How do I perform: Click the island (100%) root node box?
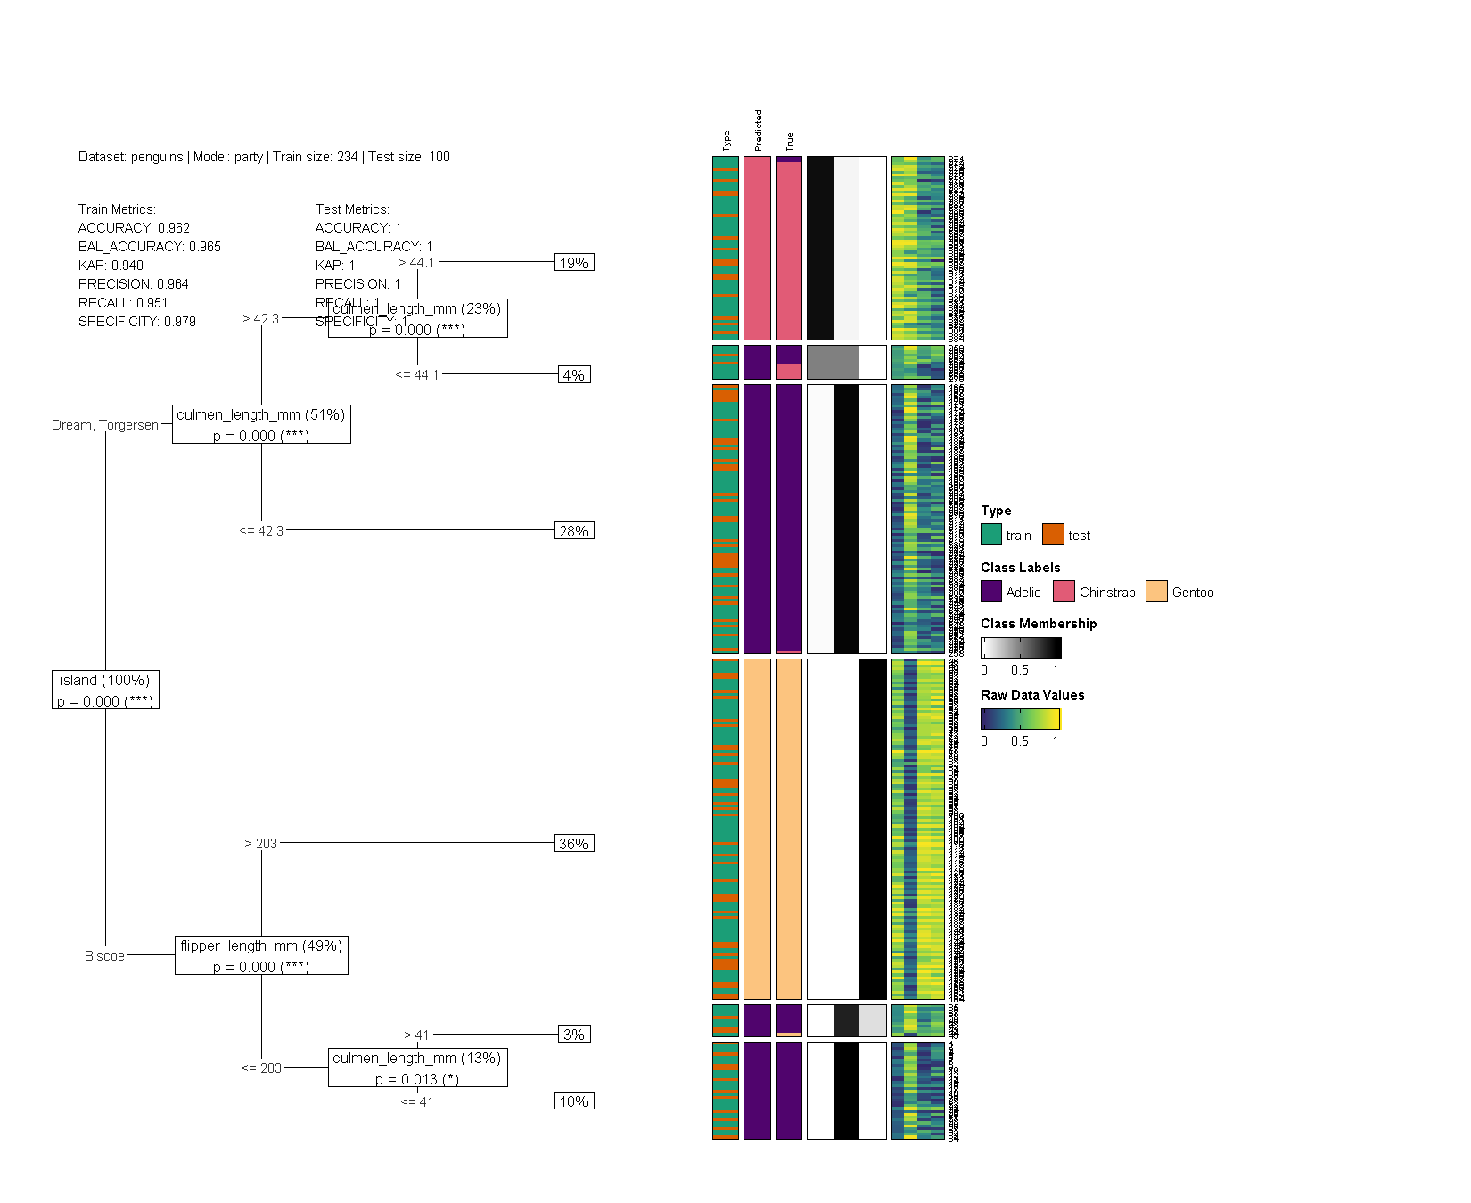tap(105, 691)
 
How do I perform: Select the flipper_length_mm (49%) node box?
tap(261, 955)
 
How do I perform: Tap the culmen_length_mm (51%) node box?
tap(261, 424)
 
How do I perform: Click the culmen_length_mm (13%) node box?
tap(417, 1068)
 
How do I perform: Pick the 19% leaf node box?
tap(573, 263)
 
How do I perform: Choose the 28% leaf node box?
tap(573, 531)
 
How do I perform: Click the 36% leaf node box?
tap(573, 844)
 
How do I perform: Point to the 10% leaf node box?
tap(573, 1101)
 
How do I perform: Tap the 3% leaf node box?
tap(574, 1035)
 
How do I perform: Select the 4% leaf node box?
tap(574, 375)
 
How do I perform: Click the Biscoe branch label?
tap(104, 956)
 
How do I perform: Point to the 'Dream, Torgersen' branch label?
tap(105, 425)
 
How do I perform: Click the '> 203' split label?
tap(261, 844)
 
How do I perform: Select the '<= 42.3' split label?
tap(261, 531)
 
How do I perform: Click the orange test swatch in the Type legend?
tap(1053, 535)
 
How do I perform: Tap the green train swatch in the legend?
tap(991, 535)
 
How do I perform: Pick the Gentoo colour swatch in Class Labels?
tap(1156, 592)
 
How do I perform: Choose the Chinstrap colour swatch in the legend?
tap(1064, 592)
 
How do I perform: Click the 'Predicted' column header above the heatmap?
tap(759, 131)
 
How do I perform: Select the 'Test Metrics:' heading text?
tap(352, 209)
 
